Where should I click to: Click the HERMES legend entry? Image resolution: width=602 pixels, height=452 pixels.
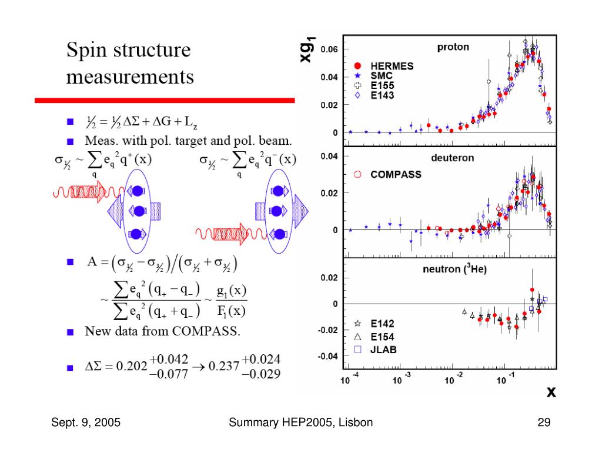[x=392, y=66]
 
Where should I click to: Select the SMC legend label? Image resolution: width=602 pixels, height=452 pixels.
[x=380, y=76]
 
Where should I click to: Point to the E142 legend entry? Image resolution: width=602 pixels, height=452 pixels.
[x=382, y=324]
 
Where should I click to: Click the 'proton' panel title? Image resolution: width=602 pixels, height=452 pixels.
[x=453, y=47]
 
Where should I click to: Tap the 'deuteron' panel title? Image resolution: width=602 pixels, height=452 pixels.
[x=453, y=158]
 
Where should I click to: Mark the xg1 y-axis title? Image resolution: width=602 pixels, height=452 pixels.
[x=310, y=47]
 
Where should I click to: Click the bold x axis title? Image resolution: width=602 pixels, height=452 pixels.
[x=551, y=393]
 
